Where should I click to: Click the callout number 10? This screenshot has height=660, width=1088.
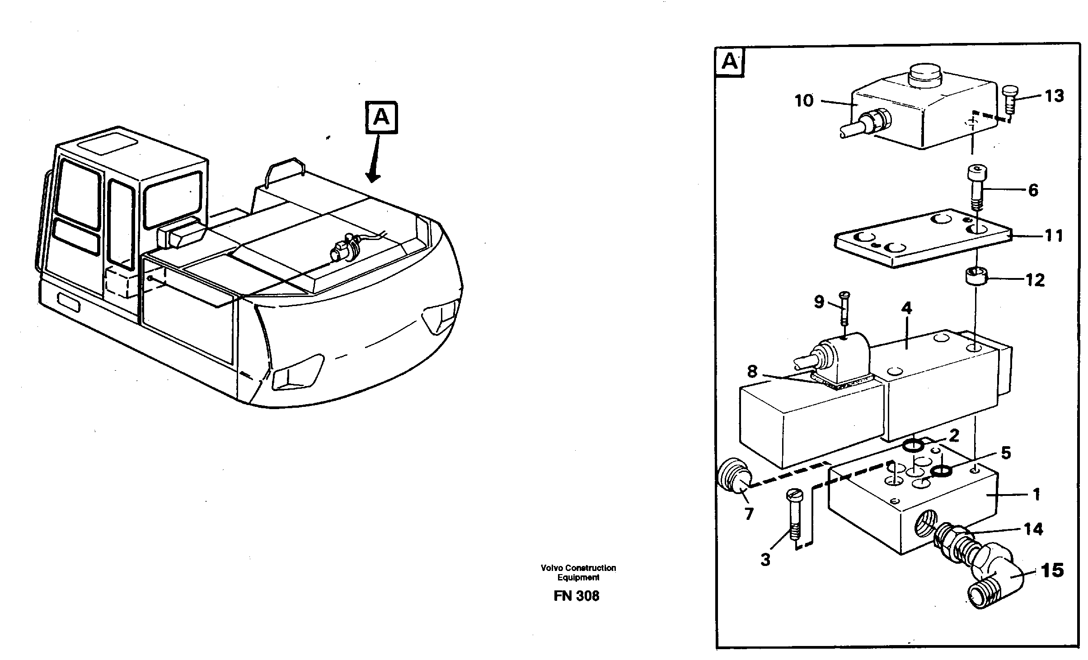pyautogui.click(x=804, y=101)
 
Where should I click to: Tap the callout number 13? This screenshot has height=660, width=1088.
pyautogui.click(x=1054, y=96)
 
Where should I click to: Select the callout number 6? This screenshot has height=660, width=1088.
pyautogui.click(x=1033, y=190)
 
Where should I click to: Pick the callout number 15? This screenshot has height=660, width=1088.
pyautogui.click(x=1052, y=570)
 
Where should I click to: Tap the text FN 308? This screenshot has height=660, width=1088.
pyautogui.click(x=576, y=596)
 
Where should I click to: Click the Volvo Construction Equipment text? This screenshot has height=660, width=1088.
pyautogui.click(x=578, y=572)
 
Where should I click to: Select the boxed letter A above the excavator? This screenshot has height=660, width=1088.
pyautogui.click(x=382, y=118)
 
